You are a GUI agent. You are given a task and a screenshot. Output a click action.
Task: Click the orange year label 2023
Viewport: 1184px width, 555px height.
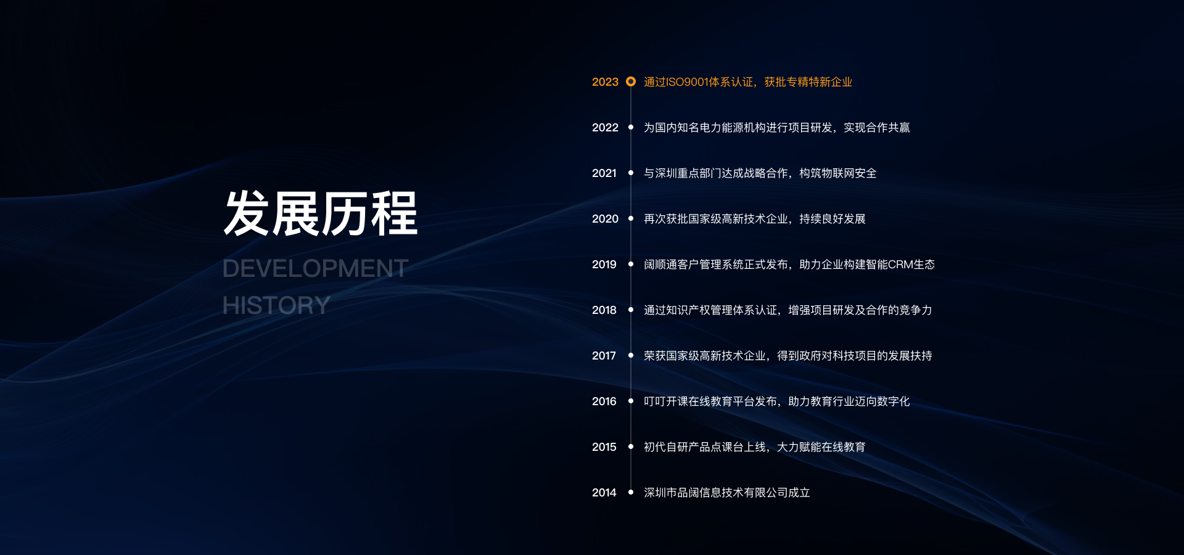click(x=605, y=82)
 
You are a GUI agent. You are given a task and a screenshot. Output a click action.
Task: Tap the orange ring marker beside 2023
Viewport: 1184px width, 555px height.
click(x=631, y=81)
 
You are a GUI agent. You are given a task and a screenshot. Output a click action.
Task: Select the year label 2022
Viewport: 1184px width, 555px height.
click(x=605, y=128)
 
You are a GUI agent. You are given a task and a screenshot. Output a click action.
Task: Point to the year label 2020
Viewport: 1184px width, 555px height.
click(x=605, y=219)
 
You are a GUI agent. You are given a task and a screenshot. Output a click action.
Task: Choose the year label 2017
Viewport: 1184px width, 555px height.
click(x=604, y=356)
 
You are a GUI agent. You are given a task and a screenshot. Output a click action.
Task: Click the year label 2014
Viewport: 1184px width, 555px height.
click(x=604, y=493)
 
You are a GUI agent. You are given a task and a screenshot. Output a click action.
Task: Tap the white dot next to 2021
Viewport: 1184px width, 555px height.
click(x=631, y=173)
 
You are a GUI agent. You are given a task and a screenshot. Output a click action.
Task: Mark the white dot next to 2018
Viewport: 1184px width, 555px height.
click(x=631, y=310)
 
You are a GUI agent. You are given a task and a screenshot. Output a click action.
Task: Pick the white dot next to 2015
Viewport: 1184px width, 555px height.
click(x=631, y=446)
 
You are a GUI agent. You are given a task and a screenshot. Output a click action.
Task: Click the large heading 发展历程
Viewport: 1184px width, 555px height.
click(x=321, y=213)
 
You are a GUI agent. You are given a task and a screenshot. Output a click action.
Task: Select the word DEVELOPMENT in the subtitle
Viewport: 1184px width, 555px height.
click(x=315, y=268)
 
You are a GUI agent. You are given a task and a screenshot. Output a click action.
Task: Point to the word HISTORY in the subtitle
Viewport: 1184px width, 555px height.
click(x=276, y=305)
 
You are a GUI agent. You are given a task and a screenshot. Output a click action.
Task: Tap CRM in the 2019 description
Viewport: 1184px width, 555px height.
click(x=900, y=265)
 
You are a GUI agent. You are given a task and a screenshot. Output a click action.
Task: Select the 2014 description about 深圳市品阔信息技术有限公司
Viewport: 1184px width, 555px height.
click(x=727, y=493)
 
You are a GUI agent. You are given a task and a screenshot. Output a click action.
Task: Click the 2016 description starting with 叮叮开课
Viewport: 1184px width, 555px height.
click(x=777, y=401)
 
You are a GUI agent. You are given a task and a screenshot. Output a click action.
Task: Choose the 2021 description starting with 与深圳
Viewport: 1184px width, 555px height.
click(x=760, y=173)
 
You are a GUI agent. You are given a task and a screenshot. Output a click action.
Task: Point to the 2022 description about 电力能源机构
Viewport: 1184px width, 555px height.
click(x=777, y=128)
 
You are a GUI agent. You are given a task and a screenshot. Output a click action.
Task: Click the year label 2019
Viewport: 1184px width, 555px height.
click(x=604, y=265)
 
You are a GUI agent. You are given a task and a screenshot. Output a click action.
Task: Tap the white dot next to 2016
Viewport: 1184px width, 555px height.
click(x=631, y=401)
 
